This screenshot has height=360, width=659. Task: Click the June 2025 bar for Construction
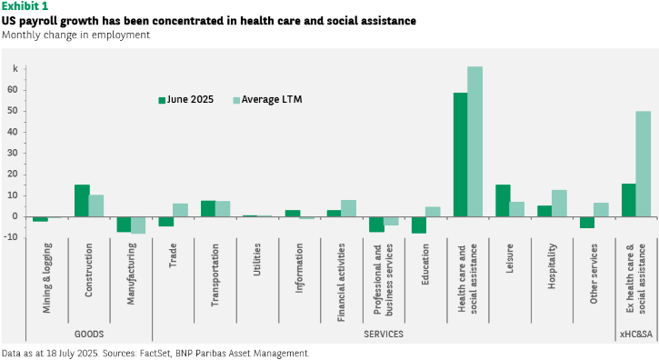pos(82,201)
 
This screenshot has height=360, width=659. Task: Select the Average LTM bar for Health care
pos(474,142)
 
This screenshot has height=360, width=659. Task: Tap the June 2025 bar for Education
pos(419,225)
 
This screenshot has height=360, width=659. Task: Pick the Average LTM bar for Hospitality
pos(559,203)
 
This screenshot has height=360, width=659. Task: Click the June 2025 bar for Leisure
pos(503,201)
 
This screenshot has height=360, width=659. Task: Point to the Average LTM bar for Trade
pos(180,210)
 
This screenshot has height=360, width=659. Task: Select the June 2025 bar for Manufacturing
pos(124,225)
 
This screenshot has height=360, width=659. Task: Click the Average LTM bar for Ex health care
pos(643,164)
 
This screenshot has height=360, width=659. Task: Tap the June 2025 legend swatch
pos(162,100)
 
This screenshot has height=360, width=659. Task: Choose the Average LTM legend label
pos(272,99)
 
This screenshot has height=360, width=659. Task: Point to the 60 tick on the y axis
pos(12,90)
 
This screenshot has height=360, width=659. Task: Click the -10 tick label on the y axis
pos(11,237)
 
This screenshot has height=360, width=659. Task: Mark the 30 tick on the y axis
pos(12,153)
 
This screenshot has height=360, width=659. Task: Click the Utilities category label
pos(257,259)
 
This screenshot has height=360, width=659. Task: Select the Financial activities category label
pos(341,283)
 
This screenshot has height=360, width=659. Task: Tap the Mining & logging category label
pos(46,278)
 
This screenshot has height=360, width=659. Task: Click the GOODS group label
pos(89,334)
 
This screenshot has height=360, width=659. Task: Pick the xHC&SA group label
pos(636,335)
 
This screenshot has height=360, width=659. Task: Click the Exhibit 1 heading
pos(25,6)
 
